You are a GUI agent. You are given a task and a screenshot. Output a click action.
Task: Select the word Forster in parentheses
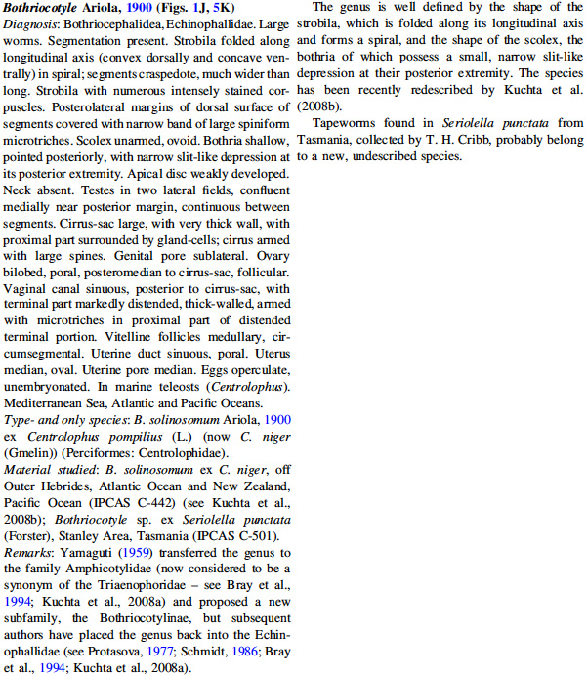click(x=31, y=533)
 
